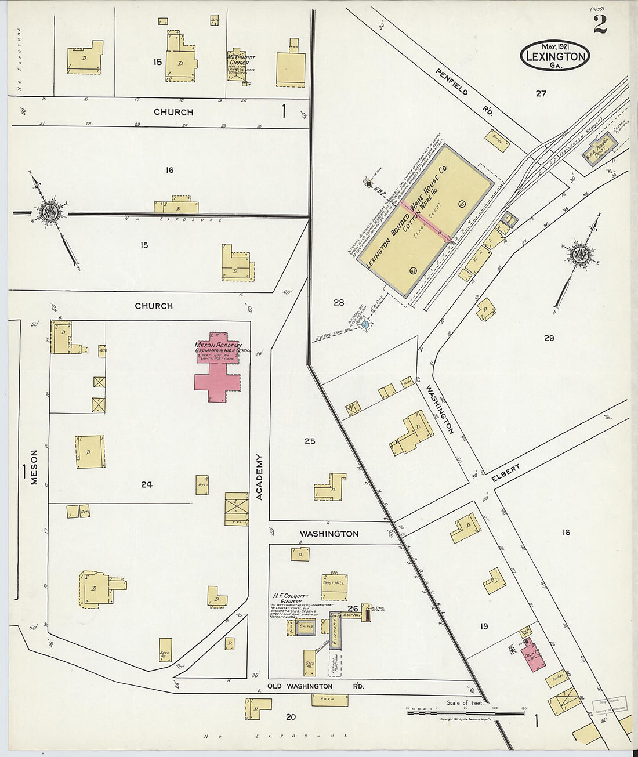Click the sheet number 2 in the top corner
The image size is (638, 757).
coord(600,24)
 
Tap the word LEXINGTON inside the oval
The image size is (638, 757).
coord(555,57)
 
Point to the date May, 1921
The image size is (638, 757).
coord(555,46)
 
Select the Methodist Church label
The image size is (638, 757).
coord(241,60)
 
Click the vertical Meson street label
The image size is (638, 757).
coord(34,467)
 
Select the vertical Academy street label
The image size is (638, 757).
coord(259,477)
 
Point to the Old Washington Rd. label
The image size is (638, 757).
coord(316,686)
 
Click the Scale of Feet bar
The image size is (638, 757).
coord(465,712)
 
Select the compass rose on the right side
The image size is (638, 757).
coord(579,255)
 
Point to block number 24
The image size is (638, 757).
coord(147,484)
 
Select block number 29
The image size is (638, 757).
coord(549,338)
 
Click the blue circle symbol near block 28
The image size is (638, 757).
coord(365,325)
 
